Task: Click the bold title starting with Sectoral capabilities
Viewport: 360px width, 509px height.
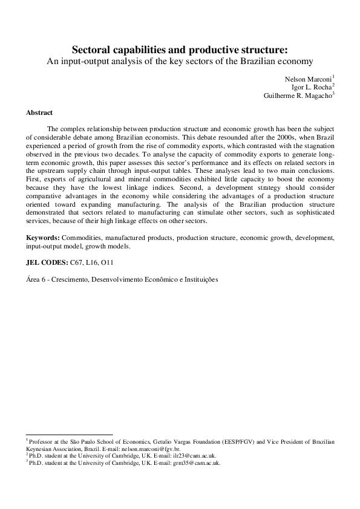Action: pos(180,49)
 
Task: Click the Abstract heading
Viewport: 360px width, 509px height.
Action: pos(39,112)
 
